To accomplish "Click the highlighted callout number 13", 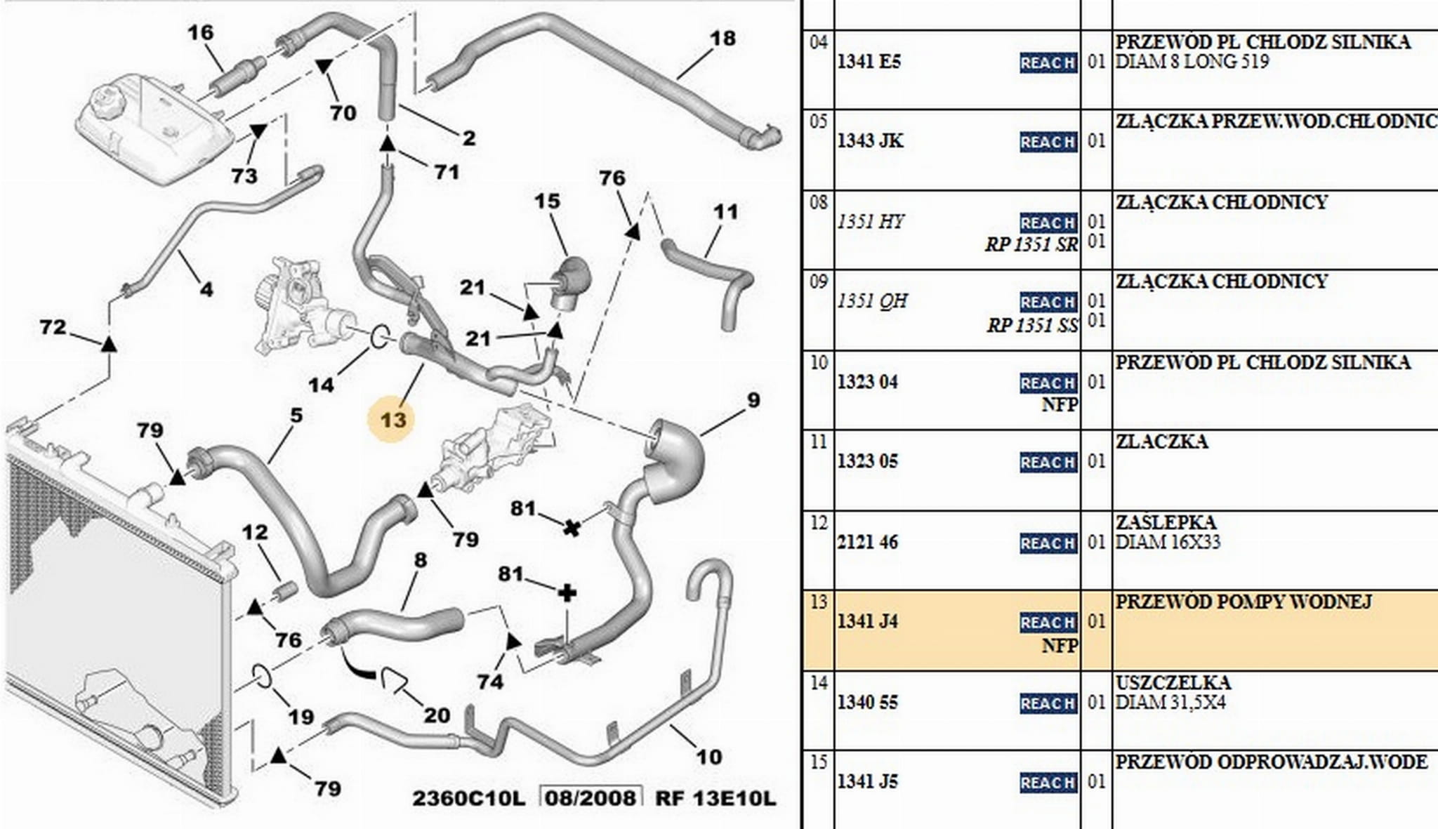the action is (393, 420).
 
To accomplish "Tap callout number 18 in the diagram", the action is (723, 38).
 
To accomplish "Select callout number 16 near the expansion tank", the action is (200, 32).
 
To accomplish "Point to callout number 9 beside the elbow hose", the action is (753, 400).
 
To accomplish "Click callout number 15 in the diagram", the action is (547, 201).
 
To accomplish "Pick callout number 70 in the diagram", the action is (343, 112).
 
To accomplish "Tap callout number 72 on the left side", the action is (53, 327).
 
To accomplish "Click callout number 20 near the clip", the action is (437, 715).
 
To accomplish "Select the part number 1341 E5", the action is (869, 62).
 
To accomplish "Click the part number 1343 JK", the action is (870, 141).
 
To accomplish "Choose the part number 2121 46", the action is (868, 542).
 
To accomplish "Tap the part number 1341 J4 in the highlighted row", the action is (868, 621).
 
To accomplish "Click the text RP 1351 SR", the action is (1031, 245).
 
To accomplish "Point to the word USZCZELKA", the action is (1173, 682).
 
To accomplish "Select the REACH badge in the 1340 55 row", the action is (1048, 703).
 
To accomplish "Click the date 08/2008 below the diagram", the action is (591, 798).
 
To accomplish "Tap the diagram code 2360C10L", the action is (468, 798).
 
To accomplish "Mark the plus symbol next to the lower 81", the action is (567, 594).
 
